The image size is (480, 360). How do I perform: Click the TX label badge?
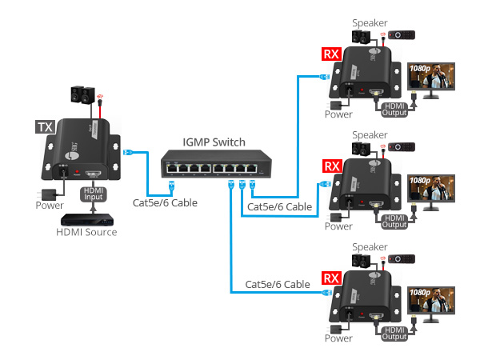pos(45,127)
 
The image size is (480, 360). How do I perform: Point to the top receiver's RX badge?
pos(330,54)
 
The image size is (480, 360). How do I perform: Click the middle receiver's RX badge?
pos(330,166)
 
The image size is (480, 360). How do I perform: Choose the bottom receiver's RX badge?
pos(330,278)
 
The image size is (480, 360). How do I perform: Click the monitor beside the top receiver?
pos(434,82)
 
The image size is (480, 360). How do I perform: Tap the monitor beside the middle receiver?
pos(434,194)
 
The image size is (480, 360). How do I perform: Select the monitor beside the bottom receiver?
pos(434,306)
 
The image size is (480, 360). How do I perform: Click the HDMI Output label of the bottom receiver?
pos(394,332)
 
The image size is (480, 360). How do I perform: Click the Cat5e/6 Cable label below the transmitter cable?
pos(165,202)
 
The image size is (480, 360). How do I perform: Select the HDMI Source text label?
pos(86,233)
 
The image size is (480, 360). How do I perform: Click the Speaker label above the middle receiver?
pos(370,134)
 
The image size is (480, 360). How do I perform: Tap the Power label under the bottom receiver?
pos(338,338)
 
